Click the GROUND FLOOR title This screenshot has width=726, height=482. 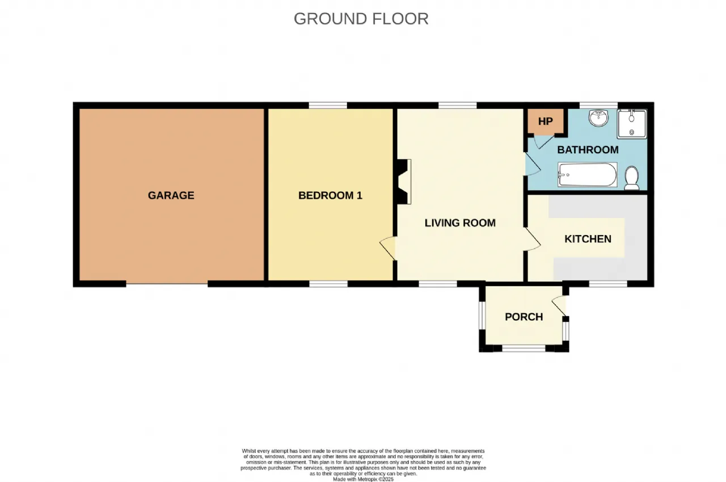361,19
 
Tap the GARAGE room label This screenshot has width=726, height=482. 171,195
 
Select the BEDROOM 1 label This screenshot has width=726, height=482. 330,195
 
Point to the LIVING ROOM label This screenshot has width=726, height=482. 460,223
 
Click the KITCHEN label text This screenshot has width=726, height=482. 588,239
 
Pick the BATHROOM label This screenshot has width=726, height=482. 588,150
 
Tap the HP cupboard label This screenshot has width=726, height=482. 546,121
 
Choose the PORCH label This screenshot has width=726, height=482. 524,317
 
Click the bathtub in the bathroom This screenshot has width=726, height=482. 587,175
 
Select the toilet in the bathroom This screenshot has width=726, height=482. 631,178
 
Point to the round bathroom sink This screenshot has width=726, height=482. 598,118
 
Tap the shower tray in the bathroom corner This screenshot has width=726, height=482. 632,124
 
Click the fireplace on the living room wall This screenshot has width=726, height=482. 403,182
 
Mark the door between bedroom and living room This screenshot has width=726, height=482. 387,249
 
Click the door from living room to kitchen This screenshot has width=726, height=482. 533,239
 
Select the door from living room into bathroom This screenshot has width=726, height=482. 533,164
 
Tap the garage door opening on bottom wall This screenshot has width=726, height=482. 167,284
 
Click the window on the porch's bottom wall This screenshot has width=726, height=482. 524,349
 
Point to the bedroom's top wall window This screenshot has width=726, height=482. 328,105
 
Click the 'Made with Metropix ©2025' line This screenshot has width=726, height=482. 363,479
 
